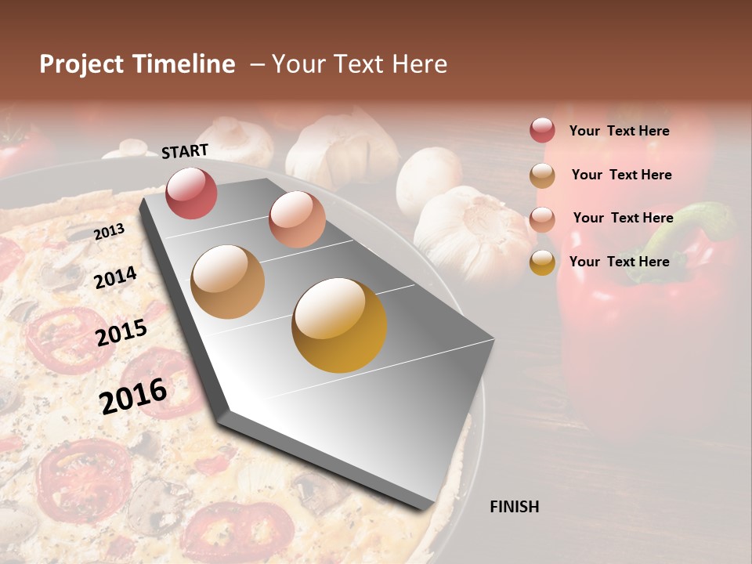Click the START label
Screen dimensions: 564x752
[185, 151]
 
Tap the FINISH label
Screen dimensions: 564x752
[515, 507]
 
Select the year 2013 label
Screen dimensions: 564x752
[109, 232]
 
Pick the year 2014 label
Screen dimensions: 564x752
[115, 277]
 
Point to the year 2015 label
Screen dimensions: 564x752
[121, 333]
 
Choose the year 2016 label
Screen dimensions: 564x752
[133, 396]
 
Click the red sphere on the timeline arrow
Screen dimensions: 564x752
[191, 193]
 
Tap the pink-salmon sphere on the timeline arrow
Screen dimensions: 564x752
[297, 219]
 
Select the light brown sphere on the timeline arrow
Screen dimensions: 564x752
[227, 282]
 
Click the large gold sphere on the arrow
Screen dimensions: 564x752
[339, 325]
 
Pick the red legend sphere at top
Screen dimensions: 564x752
[542, 130]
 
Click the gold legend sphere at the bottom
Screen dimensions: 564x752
[542, 262]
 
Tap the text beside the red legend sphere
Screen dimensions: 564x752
[619, 131]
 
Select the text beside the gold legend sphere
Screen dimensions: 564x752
[619, 262]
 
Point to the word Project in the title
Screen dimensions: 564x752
[81, 64]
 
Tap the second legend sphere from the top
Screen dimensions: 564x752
[542, 175]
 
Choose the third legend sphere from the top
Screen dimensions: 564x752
[542, 219]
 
